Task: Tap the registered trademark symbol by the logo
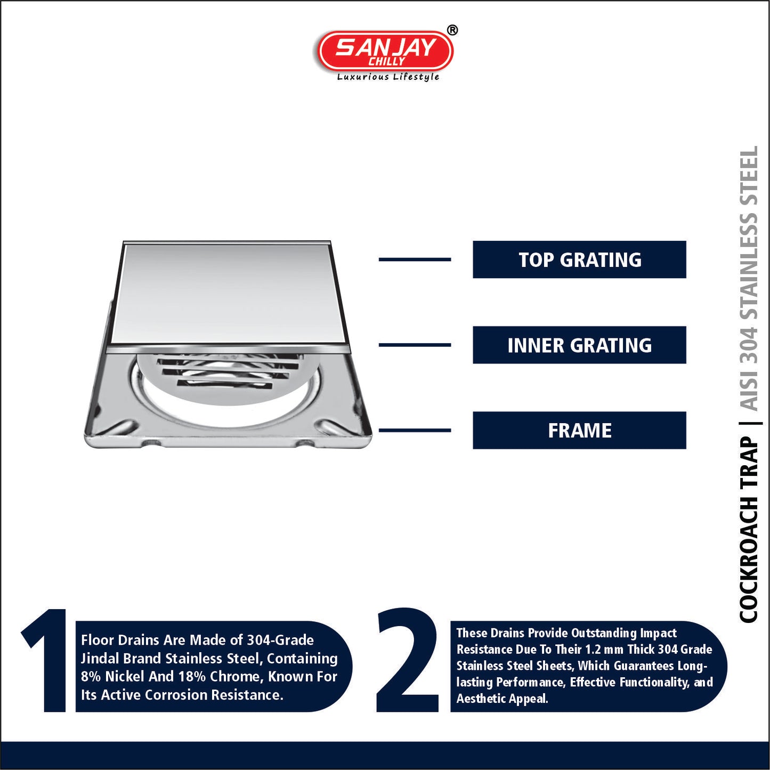(451, 31)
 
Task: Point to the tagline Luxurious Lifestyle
(388, 77)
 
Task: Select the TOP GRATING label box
(579, 260)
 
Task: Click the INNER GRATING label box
(579, 345)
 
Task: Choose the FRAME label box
(579, 431)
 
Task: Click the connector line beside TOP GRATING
(415, 260)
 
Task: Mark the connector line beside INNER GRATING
(415, 345)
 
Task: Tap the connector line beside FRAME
(415, 431)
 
